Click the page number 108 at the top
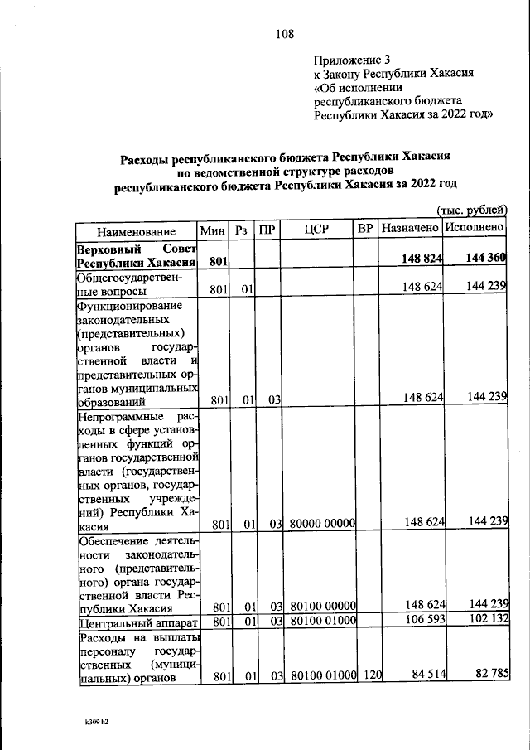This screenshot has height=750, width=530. [x=284, y=34]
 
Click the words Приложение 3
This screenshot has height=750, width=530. [x=352, y=60]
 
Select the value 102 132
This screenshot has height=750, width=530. [x=486, y=619]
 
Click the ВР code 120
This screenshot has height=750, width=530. [x=371, y=675]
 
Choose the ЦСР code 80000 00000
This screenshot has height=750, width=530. [x=322, y=524]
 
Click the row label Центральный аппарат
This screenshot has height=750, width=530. [x=137, y=621]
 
